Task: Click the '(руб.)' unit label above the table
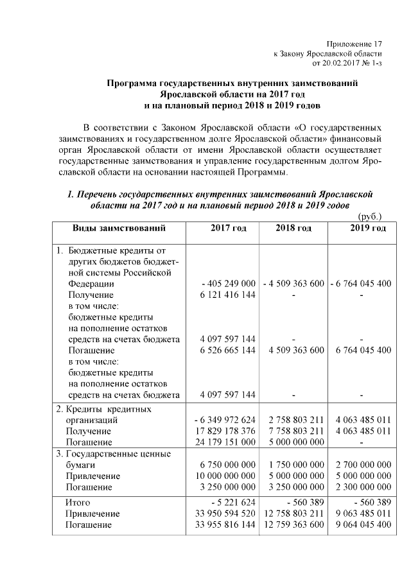click(x=369, y=217)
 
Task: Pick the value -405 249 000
click(x=229, y=284)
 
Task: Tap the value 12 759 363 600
click(x=293, y=525)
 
